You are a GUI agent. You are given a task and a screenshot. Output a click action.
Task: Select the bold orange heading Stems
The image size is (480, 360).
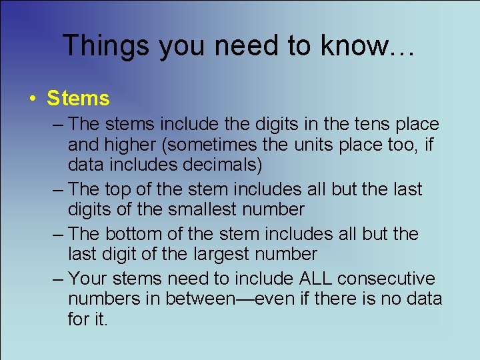pos(78,99)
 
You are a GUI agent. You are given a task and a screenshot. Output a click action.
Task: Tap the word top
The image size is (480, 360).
pos(121,189)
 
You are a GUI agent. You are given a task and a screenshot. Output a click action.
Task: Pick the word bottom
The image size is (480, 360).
pos(137,234)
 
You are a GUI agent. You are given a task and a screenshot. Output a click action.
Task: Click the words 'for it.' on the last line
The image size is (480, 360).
pos(87,319)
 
